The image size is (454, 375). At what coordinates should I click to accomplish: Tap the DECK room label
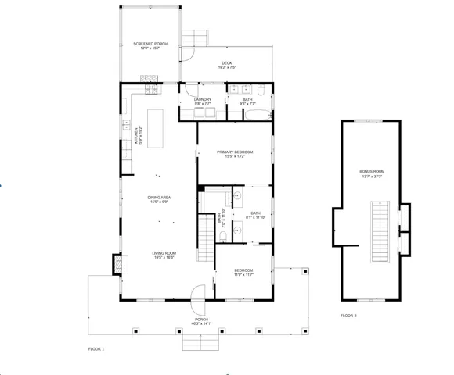coord(226,63)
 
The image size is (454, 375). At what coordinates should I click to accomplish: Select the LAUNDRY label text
coord(203,99)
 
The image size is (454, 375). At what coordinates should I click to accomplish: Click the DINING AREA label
coord(159,198)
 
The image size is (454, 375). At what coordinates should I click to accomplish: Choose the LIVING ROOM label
coord(163,253)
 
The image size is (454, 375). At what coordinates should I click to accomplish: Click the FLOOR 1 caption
coord(95,348)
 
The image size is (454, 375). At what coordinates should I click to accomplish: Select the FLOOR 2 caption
coord(348,316)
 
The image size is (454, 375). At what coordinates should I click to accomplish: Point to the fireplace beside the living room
coord(118,264)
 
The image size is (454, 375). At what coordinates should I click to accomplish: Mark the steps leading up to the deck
coord(196,37)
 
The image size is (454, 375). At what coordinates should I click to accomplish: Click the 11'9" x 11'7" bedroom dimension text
coord(244,274)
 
